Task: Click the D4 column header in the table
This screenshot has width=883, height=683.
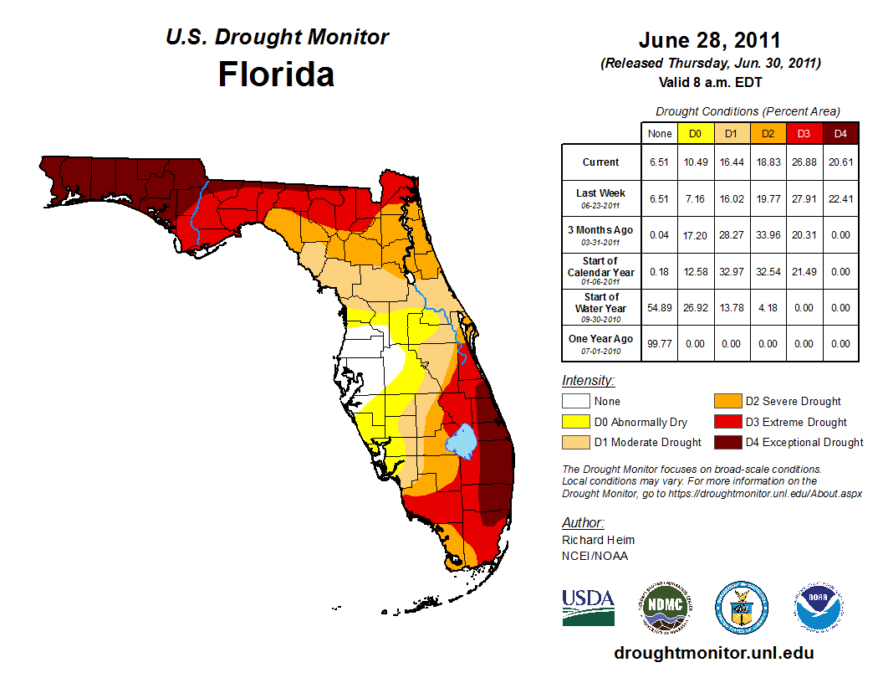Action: click(840, 133)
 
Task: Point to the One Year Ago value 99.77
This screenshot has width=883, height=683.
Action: click(660, 343)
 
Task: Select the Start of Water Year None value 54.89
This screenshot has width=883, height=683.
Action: click(660, 307)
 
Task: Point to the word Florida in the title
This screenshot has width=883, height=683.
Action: click(276, 74)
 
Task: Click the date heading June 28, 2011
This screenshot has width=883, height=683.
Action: click(709, 40)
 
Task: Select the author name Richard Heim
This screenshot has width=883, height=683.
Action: click(598, 540)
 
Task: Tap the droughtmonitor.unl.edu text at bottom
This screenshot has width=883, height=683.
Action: click(713, 653)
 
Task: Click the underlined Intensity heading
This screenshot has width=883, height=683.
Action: click(588, 381)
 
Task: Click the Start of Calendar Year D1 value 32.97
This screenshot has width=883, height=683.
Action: click(731, 271)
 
